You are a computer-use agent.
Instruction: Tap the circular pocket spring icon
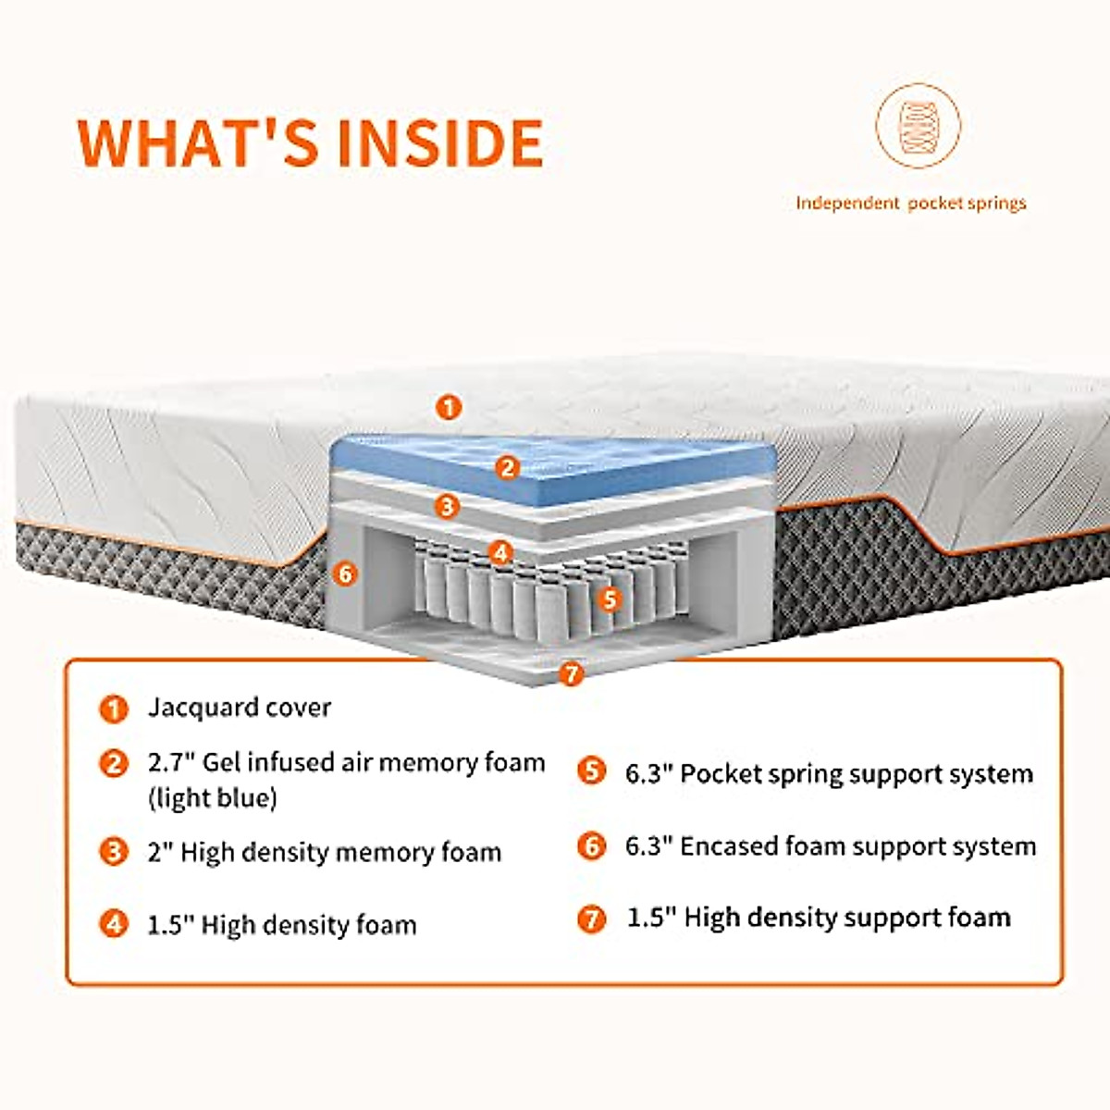pyautogui.click(x=918, y=126)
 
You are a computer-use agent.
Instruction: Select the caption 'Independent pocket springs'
pyautogui.click(x=911, y=203)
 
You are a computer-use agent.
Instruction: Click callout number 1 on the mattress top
pyautogui.click(x=449, y=407)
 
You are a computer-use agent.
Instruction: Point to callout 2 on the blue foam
pyautogui.click(x=507, y=467)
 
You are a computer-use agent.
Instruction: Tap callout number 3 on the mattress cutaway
pyautogui.click(x=448, y=506)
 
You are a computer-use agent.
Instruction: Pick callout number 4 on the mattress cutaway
pyautogui.click(x=500, y=553)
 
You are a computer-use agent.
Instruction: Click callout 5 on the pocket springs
pyautogui.click(x=609, y=598)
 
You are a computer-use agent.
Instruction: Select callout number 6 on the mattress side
pyautogui.click(x=345, y=573)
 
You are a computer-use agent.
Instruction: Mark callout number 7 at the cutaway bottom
pyautogui.click(x=571, y=673)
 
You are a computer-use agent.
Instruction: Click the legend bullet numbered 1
pyautogui.click(x=114, y=709)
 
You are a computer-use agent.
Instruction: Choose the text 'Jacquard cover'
pyautogui.click(x=240, y=708)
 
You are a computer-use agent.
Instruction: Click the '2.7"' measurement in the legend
pyautogui.click(x=171, y=763)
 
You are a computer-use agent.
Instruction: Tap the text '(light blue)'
pyautogui.click(x=213, y=797)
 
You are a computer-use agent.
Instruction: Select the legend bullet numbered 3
pyautogui.click(x=114, y=851)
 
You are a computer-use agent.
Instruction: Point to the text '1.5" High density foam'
pyautogui.click(x=282, y=924)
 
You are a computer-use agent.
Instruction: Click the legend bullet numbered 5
pyautogui.click(x=591, y=771)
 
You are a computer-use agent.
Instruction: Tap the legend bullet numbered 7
pyautogui.click(x=591, y=919)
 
